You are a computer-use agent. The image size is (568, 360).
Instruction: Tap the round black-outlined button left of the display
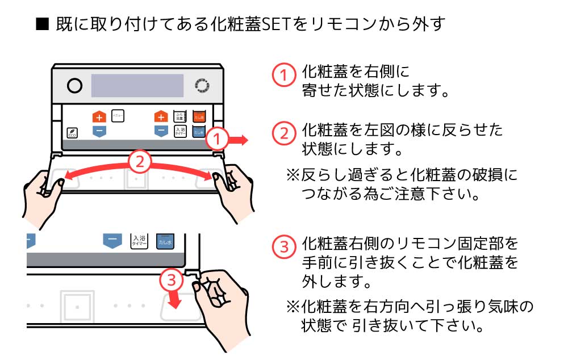tap(74, 86)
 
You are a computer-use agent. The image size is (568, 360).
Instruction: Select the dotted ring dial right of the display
tap(202, 86)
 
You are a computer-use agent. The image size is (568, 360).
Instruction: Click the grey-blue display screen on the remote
tap(137, 86)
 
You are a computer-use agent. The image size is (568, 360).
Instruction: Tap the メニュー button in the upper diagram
tap(118, 115)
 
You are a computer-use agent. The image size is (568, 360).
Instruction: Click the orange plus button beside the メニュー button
tap(99, 117)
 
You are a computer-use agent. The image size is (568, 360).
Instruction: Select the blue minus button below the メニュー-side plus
tap(99, 131)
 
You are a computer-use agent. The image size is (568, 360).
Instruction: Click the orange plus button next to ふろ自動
tap(161, 117)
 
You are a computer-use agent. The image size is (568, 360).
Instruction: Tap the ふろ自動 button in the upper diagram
tap(180, 116)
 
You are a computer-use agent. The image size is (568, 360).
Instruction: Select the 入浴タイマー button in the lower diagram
tap(138, 241)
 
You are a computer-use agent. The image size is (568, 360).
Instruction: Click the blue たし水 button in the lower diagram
tap(165, 241)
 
